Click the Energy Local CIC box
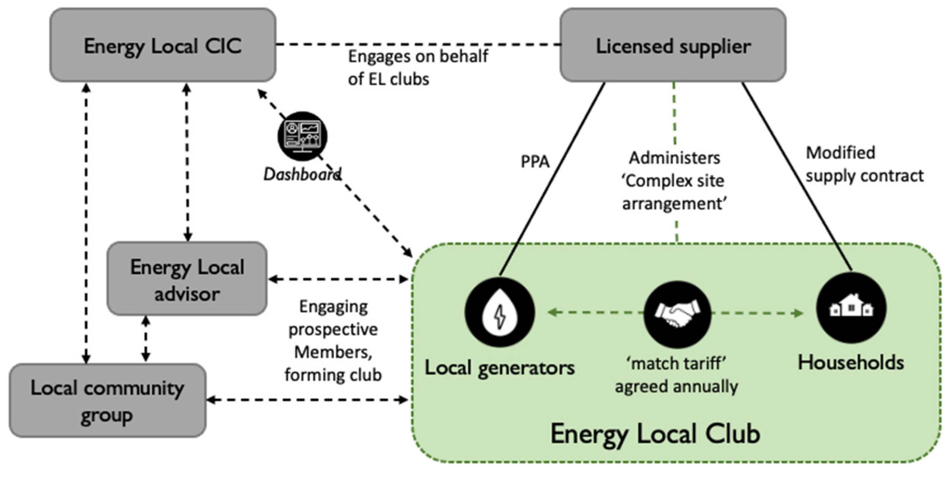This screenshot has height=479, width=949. [x=162, y=45]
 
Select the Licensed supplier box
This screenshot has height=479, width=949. [x=673, y=45]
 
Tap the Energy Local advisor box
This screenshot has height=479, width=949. [x=187, y=279]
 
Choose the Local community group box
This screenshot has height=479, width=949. [x=107, y=400]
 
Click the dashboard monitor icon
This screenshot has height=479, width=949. [x=302, y=136]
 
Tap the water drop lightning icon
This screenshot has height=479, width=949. [x=499, y=312]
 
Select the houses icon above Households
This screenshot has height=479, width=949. [x=851, y=308]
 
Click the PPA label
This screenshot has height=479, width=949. [x=535, y=161]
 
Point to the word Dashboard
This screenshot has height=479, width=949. [x=302, y=174]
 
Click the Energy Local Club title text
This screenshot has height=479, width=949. [x=655, y=434]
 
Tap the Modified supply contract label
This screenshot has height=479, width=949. [x=864, y=164]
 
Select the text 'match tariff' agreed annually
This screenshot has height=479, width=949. [x=676, y=375]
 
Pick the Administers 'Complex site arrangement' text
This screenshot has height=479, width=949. [x=674, y=181]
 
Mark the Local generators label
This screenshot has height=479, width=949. [x=499, y=368]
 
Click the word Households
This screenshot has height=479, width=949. [x=851, y=362]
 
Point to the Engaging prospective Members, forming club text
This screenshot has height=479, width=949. [x=333, y=340]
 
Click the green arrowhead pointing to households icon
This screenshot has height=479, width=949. [x=799, y=314]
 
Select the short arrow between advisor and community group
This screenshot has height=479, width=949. [x=146, y=339]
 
